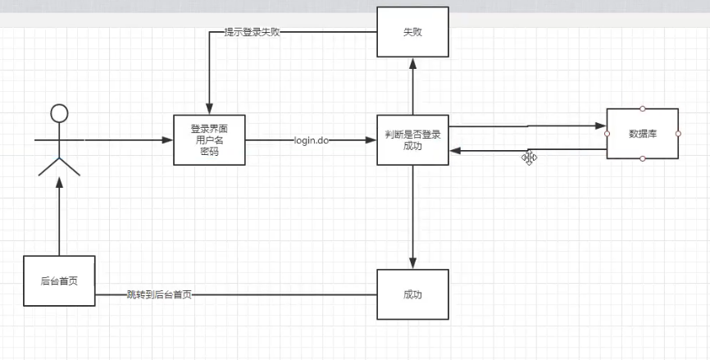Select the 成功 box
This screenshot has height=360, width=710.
click(412, 294)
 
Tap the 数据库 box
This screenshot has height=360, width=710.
click(642, 133)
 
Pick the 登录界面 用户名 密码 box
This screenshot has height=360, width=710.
click(208, 139)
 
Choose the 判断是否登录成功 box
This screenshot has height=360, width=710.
click(412, 139)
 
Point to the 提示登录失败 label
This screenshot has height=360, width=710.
click(252, 33)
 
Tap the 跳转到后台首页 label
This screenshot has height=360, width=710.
click(159, 294)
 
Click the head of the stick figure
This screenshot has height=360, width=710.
click(58, 113)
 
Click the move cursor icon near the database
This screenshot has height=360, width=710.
click(529, 157)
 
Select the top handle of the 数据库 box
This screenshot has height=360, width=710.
click(643, 108)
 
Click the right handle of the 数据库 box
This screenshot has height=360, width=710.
click(678, 133)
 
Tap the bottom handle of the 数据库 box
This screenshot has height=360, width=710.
click(643, 158)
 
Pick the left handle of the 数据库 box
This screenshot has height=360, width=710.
click(607, 133)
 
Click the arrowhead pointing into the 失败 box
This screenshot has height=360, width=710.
click(412, 62)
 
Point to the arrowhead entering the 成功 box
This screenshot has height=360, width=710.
click(412, 262)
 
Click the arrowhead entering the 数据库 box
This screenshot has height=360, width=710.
click(600, 126)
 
